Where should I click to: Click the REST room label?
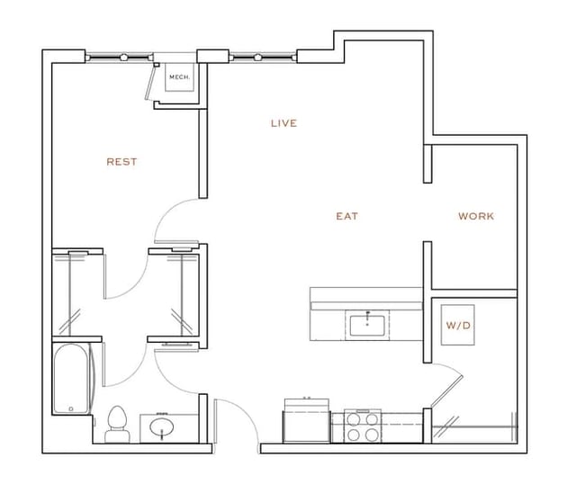121,162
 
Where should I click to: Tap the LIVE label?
283,123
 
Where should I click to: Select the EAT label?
347,216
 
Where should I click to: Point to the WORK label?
476,216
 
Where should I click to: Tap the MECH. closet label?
180,77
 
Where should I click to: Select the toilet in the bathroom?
116,425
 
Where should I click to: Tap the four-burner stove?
360,426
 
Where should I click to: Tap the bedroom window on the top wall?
121,57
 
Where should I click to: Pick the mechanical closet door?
150,81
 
